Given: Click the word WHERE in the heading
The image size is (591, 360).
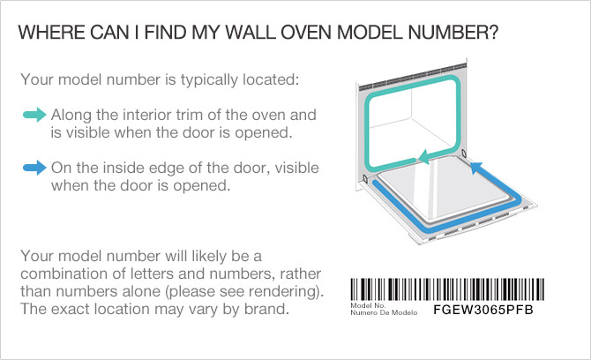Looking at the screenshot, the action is [52, 33].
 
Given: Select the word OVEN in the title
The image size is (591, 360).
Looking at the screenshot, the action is [306, 33].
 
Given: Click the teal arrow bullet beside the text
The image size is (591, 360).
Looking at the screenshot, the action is [34, 115].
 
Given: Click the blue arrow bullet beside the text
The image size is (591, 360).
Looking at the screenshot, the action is [34, 168].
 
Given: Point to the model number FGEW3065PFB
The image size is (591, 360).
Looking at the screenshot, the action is [483, 310].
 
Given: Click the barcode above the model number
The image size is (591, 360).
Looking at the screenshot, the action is [447, 289].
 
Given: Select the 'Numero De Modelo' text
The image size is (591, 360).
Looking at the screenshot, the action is [384, 312].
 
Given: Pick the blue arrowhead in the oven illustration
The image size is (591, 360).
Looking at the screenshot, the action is [475, 167].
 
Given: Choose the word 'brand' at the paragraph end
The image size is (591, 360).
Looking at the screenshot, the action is [265, 309].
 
